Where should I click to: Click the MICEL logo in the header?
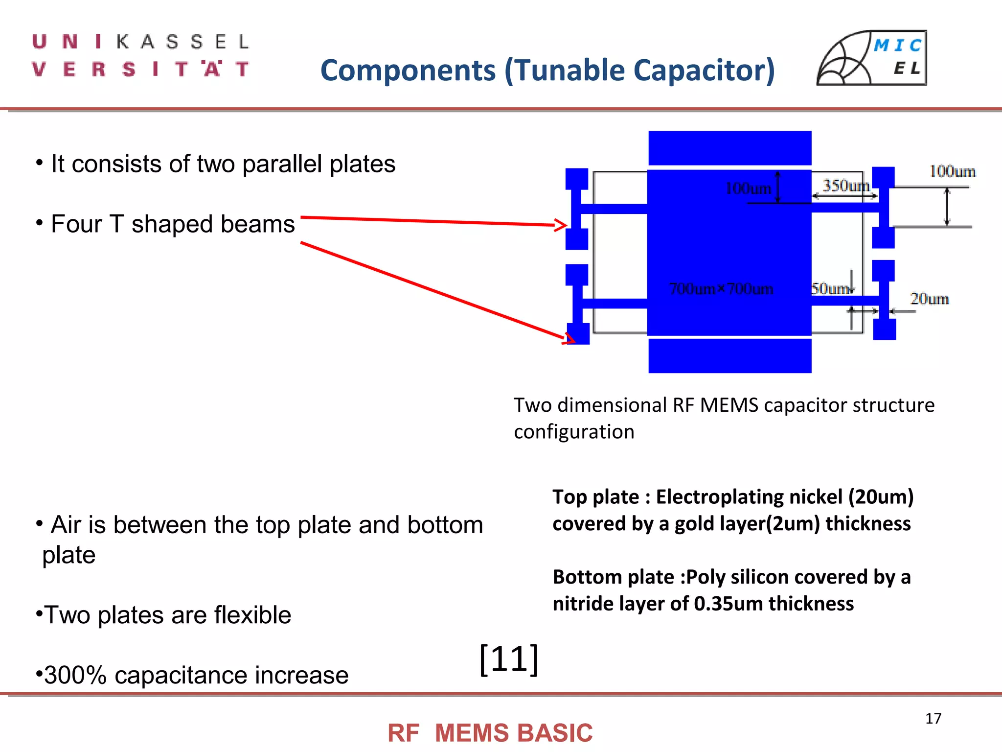[x=872, y=58]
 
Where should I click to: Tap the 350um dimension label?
[x=845, y=186]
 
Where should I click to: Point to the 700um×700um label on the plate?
[x=721, y=289]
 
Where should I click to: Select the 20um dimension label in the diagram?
[x=929, y=299]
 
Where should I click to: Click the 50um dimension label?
[x=830, y=289]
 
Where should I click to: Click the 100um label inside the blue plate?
[x=748, y=188]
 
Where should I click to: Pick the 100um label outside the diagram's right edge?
[x=952, y=171]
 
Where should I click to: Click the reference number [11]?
[x=509, y=659]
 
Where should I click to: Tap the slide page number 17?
[x=933, y=718]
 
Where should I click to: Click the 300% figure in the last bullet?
[x=75, y=675]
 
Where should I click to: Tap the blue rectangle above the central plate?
[x=729, y=148]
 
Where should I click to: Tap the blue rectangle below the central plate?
[x=729, y=356]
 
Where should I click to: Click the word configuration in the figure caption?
[x=573, y=432]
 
